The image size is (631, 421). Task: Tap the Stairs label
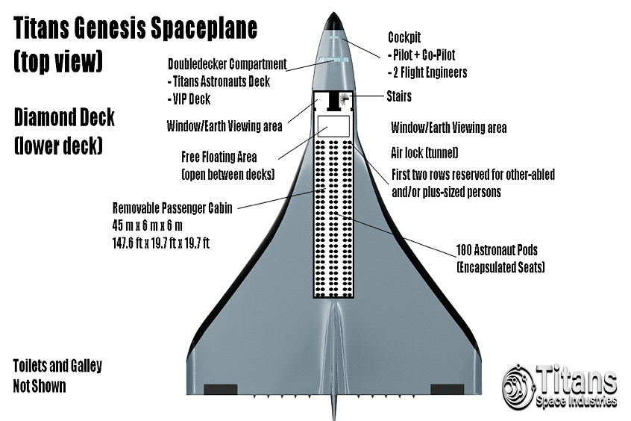point(399,97)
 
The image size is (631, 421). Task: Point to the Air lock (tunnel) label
point(424,153)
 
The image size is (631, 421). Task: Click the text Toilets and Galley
point(57,367)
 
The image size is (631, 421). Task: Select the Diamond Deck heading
point(64,117)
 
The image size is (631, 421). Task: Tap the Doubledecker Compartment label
point(227,63)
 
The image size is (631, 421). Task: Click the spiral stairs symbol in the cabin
point(345,99)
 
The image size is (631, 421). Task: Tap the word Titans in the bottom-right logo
point(579,381)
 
